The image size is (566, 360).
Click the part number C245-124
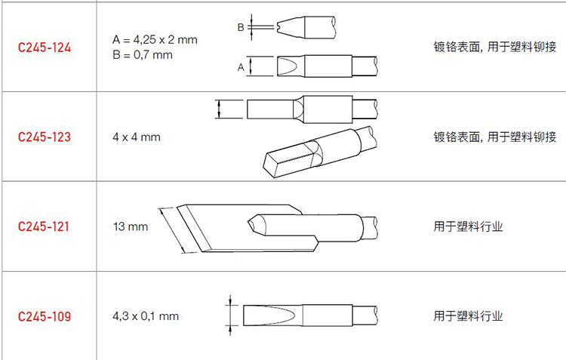click(x=45, y=48)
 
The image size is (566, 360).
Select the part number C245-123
click(x=45, y=137)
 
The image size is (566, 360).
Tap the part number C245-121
click(x=43, y=226)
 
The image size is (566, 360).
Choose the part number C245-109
click(x=45, y=316)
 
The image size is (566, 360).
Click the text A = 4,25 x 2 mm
click(x=155, y=39)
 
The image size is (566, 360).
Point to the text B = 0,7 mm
click(x=143, y=55)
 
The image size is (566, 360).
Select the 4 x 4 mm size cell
click(x=137, y=137)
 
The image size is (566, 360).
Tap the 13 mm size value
click(x=131, y=226)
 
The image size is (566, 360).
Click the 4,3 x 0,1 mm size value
click(x=146, y=316)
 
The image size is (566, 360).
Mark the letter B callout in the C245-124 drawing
click(x=241, y=27)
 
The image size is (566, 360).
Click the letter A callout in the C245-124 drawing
click(x=241, y=67)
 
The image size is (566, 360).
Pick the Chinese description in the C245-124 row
click(x=495, y=47)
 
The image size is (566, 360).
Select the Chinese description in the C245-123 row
click(x=495, y=137)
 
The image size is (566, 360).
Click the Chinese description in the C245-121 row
click(x=468, y=226)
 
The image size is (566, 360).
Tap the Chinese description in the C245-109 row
click(x=468, y=316)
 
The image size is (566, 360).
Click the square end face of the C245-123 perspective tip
click(x=270, y=165)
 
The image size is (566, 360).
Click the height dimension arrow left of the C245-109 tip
click(x=230, y=315)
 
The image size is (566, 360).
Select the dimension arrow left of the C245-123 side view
click(x=219, y=109)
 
